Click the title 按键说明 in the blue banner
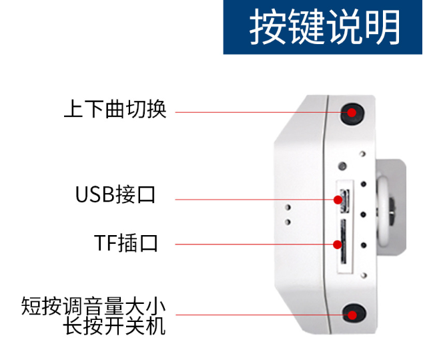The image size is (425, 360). (x=325, y=27)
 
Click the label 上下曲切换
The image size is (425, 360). (x=115, y=109)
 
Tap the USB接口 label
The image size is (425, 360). (x=115, y=194)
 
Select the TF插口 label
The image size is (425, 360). (x=125, y=243)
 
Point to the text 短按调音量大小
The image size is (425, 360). (x=93, y=306)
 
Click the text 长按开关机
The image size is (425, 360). (x=114, y=326)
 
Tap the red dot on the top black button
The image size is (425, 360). (x=352, y=112)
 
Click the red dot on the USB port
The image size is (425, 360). (x=338, y=200)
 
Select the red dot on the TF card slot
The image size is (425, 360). (x=337, y=244)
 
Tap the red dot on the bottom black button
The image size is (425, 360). (x=352, y=315)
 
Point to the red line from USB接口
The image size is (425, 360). (x=254, y=200)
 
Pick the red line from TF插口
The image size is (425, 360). (x=254, y=244)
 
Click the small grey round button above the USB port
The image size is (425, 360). (x=343, y=166)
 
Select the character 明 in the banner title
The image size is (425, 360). (x=382, y=27)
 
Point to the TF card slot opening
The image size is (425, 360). (x=344, y=242)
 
